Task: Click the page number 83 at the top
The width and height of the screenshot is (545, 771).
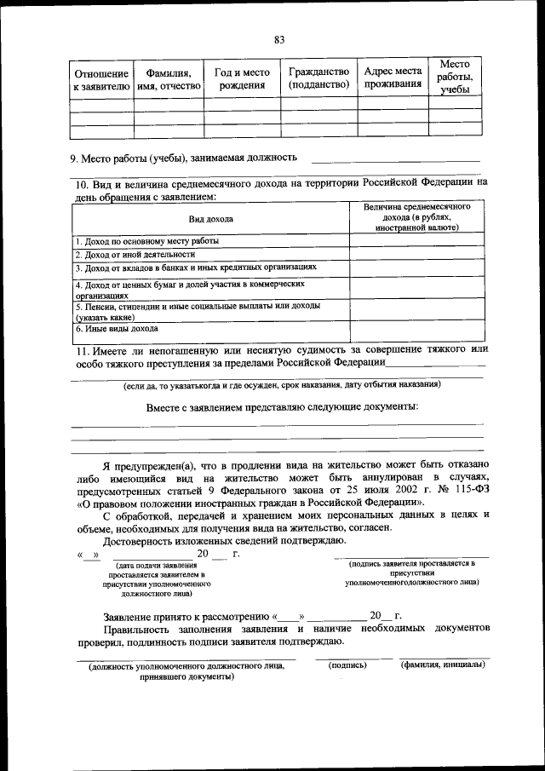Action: pos(279,39)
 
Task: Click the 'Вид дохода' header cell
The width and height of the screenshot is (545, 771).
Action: pos(210,219)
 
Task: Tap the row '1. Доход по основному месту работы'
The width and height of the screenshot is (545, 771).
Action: pos(146,241)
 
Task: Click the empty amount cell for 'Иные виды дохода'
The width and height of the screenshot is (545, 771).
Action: pos(416,331)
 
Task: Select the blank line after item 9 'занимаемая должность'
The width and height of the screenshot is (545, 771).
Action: pos(395,158)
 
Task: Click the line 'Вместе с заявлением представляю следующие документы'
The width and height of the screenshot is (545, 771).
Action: pos(282,406)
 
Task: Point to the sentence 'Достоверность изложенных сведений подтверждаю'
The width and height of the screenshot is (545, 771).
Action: pos(224,541)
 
